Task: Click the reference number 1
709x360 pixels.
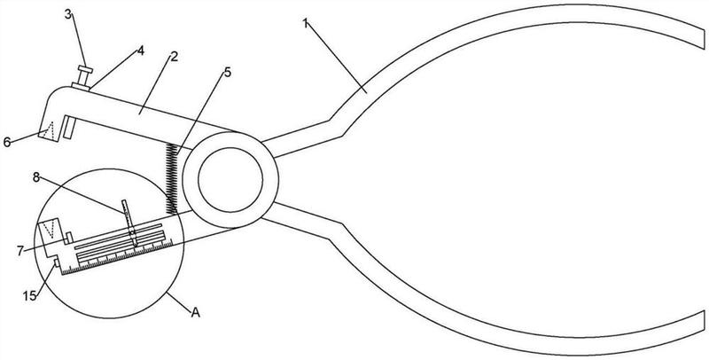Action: [306, 24]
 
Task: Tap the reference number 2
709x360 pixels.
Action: [174, 57]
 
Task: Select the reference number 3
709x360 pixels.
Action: [68, 14]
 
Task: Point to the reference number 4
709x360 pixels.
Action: [141, 51]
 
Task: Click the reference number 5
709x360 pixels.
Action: [227, 72]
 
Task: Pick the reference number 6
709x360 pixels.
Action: [7, 142]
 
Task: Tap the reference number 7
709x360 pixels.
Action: [20, 251]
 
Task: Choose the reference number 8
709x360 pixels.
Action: [36, 177]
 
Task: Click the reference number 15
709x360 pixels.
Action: [29, 296]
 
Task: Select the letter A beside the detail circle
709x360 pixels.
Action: [195, 312]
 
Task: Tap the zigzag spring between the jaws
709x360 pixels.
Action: [171, 178]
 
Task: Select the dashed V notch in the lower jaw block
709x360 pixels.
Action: [51, 229]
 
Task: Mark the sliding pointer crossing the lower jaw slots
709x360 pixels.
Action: [130, 223]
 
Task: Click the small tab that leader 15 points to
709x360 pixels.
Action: [56, 262]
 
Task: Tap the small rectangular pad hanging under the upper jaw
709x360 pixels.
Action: [69, 128]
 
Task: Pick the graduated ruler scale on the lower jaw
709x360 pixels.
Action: [117, 258]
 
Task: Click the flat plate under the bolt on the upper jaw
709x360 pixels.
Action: [81, 86]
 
